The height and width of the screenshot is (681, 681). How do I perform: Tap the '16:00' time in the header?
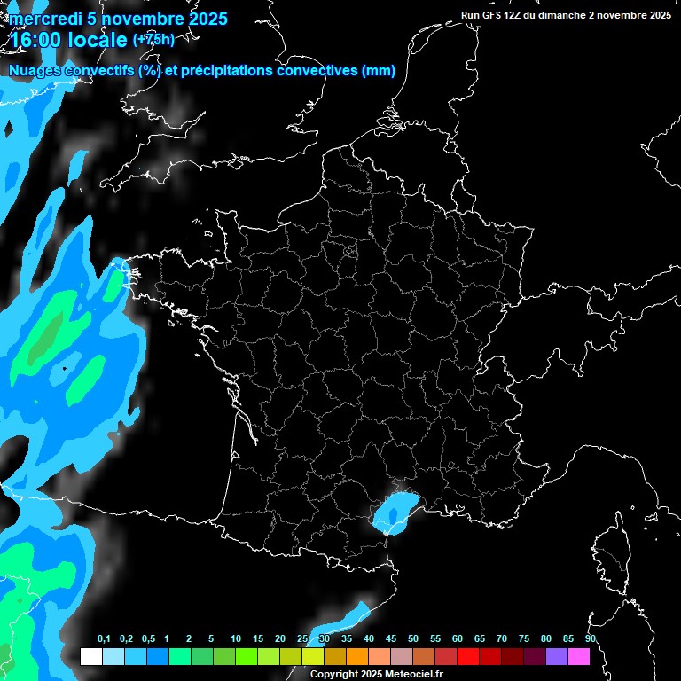coord(35,40)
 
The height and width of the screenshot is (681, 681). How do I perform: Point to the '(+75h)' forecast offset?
coord(153,39)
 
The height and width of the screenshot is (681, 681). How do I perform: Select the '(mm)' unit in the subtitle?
coord(379,71)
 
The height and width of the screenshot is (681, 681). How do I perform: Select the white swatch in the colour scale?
coord(91,657)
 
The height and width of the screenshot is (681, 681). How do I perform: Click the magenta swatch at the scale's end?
coord(579,657)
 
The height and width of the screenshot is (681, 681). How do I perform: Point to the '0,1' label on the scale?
coord(104,639)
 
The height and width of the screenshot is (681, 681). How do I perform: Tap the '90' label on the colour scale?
coord(590,639)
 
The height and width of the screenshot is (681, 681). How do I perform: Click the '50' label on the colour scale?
coord(413,639)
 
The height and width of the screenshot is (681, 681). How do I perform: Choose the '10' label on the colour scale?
coord(236,639)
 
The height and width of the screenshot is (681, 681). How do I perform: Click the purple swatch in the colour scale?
coord(557,657)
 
